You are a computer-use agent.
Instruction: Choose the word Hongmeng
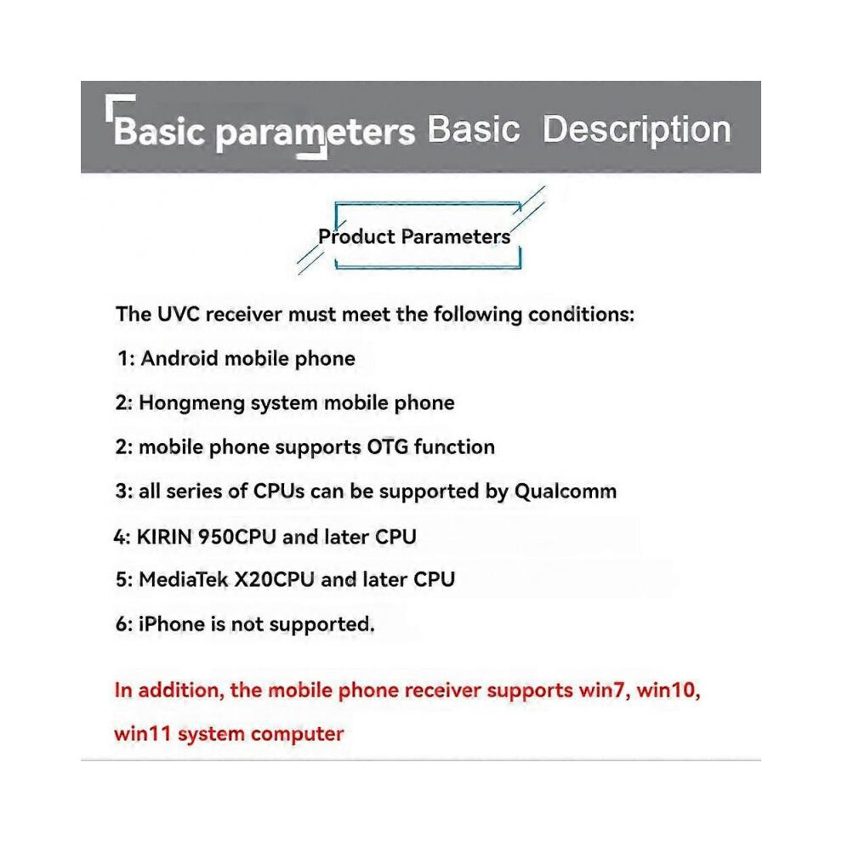pyautogui.click(x=191, y=404)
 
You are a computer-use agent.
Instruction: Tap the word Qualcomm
pyautogui.click(x=566, y=492)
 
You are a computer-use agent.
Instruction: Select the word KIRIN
pyautogui.click(x=164, y=537)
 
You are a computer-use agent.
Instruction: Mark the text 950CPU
pyautogui.click(x=236, y=537)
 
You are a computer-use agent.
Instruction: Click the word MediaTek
pyautogui.click(x=184, y=579)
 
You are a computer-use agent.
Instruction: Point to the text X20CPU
pyautogui.click(x=274, y=579)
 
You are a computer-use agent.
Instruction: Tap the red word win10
pyautogui.click(x=668, y=691)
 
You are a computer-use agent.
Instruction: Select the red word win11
pyautogui.click(x=142, y=734)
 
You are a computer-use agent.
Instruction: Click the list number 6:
pyautogui.click(x=124, y=624)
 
